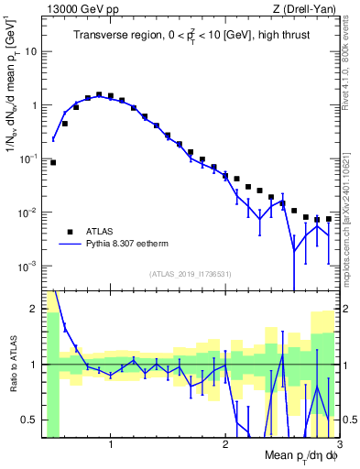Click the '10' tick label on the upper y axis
click(29, 51)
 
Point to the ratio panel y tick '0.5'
click(27, 419)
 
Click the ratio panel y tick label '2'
click(32, 308)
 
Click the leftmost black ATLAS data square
click(53, 162)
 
